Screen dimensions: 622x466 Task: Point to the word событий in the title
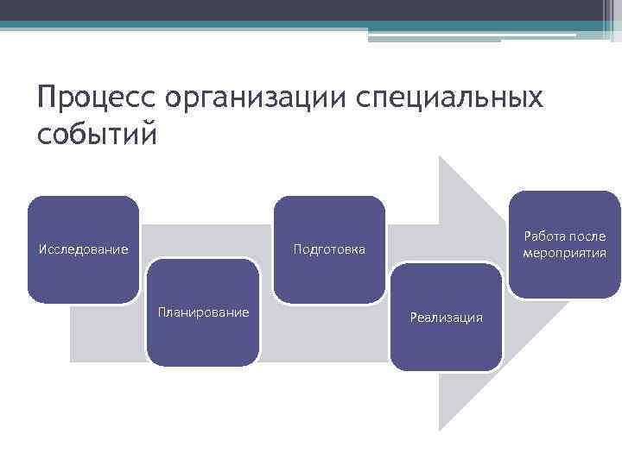98,135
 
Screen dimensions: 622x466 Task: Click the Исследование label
84,250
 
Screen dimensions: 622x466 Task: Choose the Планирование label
203,312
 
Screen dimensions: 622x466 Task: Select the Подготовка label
329,250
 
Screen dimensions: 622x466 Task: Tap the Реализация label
447,318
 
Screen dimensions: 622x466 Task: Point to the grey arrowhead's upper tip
441,158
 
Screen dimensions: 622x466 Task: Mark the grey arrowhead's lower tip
441,429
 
